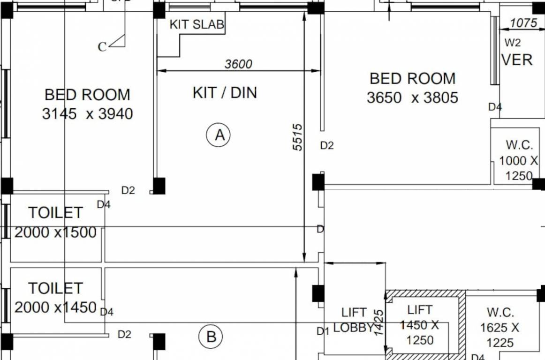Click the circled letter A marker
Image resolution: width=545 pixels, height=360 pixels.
(219, 135)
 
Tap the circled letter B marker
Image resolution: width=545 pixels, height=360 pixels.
(211, 337)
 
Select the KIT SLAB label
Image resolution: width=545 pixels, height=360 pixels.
(197, 24)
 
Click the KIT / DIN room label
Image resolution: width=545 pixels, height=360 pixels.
(225, 93)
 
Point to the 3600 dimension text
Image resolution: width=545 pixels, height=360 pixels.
(238, 64)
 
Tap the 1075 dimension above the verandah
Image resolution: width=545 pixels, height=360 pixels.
(524, 22)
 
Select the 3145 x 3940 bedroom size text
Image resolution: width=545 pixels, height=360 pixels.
(88, 114)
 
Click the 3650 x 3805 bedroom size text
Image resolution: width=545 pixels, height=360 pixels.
(412, 97)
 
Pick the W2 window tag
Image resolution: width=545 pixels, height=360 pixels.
(512, 43)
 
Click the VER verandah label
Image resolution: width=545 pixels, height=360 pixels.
(517, 60)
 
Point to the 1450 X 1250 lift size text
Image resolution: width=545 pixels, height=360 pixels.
(420, 332)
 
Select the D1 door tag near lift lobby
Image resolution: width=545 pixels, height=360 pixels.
(323, 331)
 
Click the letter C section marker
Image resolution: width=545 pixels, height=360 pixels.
(102, 46)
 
